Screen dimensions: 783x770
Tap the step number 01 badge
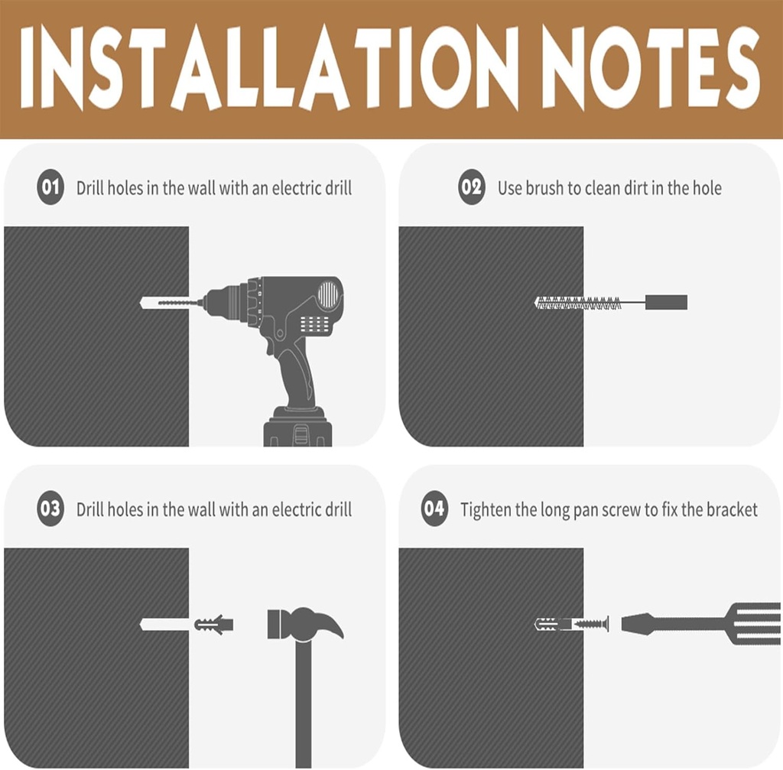(x=50, y=187)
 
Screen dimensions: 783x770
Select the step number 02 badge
(x=471, y=187)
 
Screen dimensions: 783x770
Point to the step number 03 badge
(x=50, y=508)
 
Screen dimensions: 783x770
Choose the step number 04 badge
(x=434, y=508)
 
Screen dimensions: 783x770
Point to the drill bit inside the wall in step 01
(x=164, y=303)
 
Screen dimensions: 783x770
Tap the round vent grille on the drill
(x=328, y=294)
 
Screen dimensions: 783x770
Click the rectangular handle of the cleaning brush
(x=666, y=302)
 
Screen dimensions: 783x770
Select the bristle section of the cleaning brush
(x=578, y=303)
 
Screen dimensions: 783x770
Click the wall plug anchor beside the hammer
(x=214, y=624)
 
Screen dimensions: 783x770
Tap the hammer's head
(x=305, y=623)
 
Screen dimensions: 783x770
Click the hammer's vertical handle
(x=304, y=704)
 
